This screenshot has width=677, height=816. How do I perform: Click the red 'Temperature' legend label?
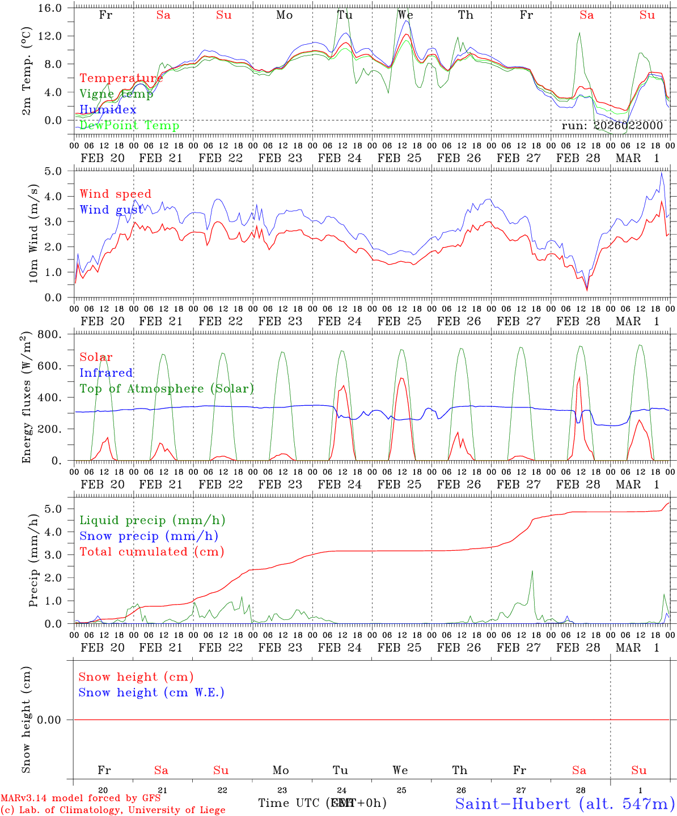tap(121, 78)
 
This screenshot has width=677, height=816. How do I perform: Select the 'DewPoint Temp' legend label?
tap(129, 125)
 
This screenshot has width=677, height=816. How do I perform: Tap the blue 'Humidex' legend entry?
tap(108, 109)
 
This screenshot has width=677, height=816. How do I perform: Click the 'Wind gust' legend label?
tap(111, 210)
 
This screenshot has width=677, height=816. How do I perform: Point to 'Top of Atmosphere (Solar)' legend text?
tap(167, 389)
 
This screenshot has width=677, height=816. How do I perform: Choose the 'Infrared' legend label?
tap(106, 373)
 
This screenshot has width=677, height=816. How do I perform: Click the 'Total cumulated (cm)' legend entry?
tap(152, 551)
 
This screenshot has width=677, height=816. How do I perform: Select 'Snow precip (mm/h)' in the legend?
tap(149, 536)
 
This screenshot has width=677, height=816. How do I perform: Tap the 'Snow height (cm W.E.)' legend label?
tap(151, 692)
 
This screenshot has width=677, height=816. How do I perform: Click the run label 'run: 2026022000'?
tap(612, 126)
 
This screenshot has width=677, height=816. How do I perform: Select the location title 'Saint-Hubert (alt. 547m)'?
tap(565, 803)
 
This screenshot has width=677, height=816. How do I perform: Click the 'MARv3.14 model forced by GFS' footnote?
tap(81, 798)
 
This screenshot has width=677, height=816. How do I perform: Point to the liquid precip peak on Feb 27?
tap(532, 571)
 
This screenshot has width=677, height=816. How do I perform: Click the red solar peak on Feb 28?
tap(579, 377)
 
